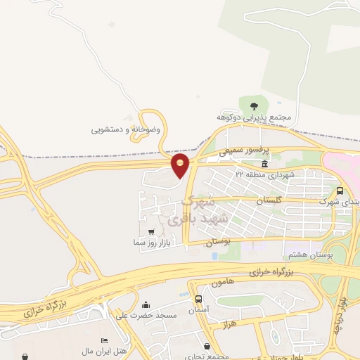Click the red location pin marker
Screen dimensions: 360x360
tap(181, 165)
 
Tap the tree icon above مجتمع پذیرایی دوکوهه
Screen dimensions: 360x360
tap(254, 105)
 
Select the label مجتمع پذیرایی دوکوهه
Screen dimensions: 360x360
tap(255, 117)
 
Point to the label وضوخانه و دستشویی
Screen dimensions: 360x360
tap(126, 129)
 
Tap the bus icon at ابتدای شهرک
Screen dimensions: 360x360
tap(341, 191)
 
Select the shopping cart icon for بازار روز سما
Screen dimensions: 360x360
tap(152, 231)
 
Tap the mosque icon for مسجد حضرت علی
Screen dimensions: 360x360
tap(146, 304)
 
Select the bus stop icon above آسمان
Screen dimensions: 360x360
tap(199, 299)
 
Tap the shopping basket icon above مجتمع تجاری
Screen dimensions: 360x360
tap(207, 346)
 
